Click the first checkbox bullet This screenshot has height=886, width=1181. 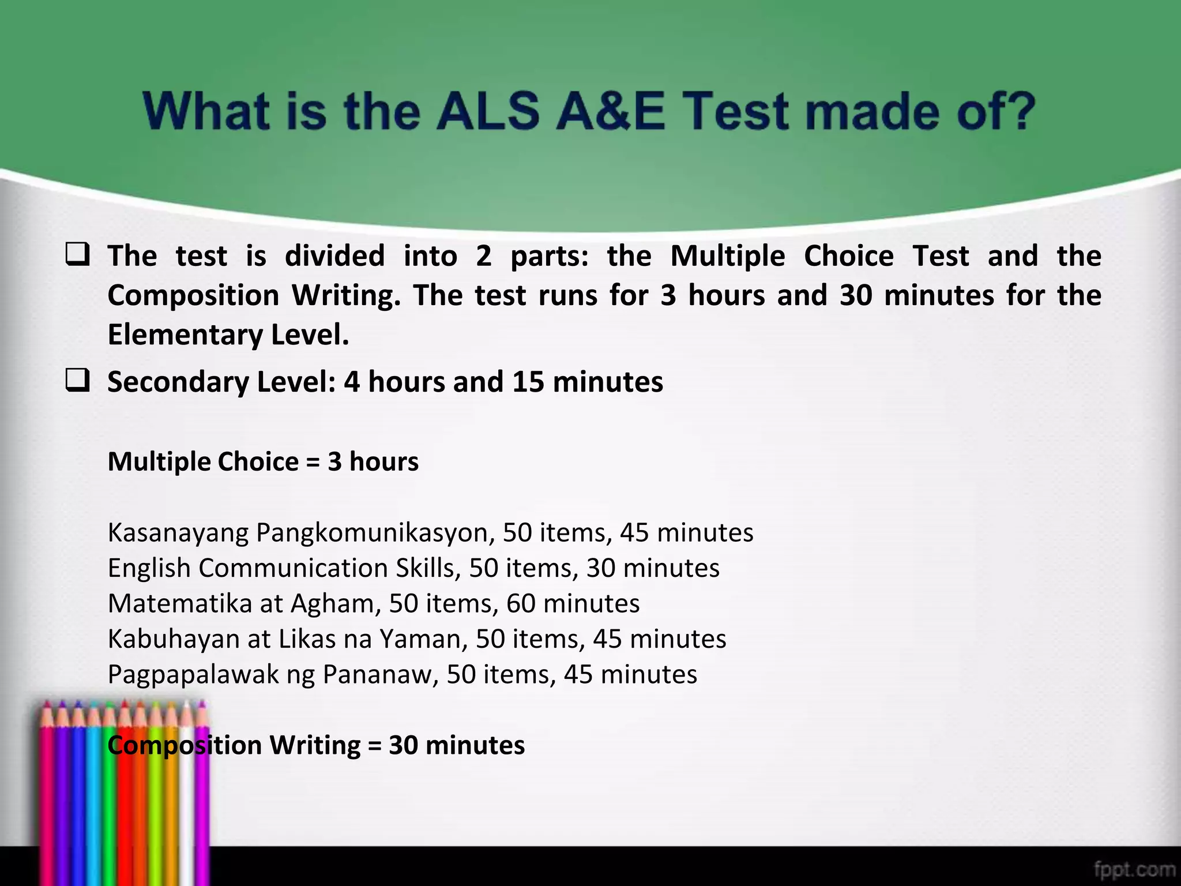click(77, 254)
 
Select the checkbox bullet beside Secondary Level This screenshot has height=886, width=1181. click(77, 381)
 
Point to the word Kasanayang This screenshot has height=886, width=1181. click(178, 533)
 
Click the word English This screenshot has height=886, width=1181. click(149, 568)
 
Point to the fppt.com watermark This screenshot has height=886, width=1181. click(1134, 869)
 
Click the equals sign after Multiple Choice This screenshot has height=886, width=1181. click(313, 462)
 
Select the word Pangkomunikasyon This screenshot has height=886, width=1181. click(375, 533)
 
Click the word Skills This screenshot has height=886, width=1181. click(428, 568)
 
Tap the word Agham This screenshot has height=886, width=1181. click(335, 604)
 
